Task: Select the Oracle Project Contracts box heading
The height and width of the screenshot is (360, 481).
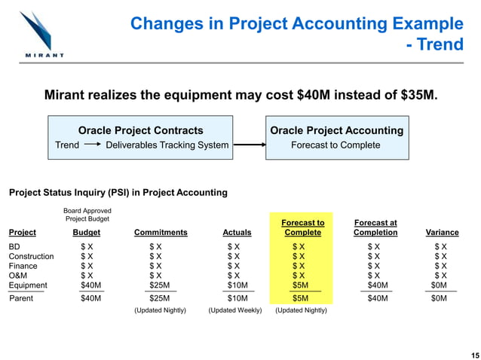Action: [x=141, y=130]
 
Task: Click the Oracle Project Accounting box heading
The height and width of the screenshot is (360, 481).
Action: [x=336, y=130]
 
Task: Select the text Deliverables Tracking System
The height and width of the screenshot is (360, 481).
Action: [x=167, y=145]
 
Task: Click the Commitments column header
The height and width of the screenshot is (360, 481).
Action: [x=160, y=233]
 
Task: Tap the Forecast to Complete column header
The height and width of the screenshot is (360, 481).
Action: [x=302, y=227]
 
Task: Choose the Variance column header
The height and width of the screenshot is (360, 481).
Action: [x=442, y=233]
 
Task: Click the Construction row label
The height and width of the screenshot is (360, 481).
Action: [x=31, y=256]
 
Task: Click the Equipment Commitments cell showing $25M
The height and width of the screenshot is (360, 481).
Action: [x=160, y=285]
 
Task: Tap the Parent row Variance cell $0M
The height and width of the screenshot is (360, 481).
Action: [x=439, y=298]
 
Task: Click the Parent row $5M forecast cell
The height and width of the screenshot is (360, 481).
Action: [x=300, y=298]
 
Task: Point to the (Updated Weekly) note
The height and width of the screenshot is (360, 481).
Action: [x=234, y=310]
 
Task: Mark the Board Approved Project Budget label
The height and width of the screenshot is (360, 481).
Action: [x=88, y=215]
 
